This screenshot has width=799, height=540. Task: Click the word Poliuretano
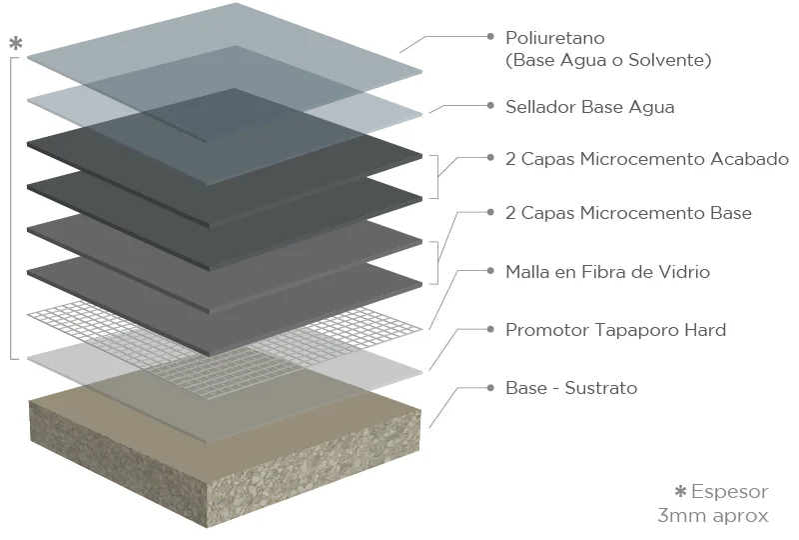tap(553, 38)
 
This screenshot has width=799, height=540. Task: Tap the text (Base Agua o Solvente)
tap(608, 61)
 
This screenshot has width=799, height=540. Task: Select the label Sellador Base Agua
tap(590, 107)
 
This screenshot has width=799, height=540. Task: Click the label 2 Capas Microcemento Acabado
tap(647, 160)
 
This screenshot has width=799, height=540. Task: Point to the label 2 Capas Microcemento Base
tap(628, 213)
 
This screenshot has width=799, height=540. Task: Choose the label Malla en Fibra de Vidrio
tap(608, 271)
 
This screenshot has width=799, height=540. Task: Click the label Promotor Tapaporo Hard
tap(615, 329)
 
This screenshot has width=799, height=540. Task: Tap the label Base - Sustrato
tap(571, 388)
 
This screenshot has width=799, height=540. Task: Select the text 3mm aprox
tap(713, 516)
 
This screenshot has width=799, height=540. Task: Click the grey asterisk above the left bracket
tap(15, 44)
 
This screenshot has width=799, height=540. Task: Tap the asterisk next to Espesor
tap(681, 492)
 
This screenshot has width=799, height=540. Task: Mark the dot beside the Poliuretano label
tap(490, 36)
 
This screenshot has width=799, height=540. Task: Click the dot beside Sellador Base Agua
tap(490, 104)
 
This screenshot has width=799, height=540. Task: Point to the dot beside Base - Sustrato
tap(490, 386)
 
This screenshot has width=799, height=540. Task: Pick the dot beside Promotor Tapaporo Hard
tap(490, 328)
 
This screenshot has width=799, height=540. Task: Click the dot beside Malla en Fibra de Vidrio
tap(490, 270)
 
